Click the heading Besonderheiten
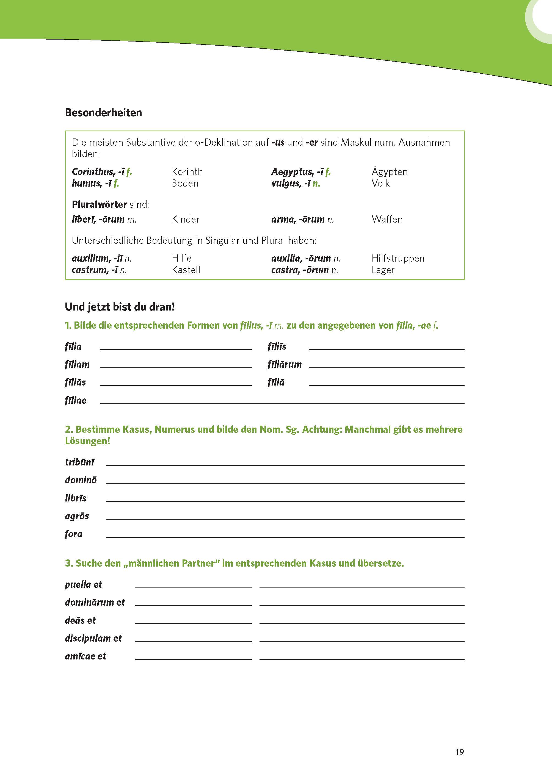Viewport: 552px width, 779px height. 103,112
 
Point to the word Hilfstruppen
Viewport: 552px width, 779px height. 398,258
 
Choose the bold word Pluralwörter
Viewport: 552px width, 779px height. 99,204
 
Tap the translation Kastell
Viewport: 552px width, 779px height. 186,270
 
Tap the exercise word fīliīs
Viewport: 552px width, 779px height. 277,346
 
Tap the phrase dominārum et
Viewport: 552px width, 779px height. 95,602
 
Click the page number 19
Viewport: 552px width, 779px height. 459,752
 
